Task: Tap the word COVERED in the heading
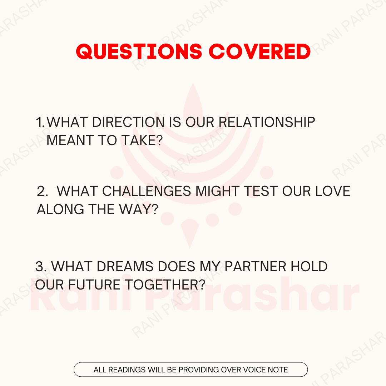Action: (260, 52)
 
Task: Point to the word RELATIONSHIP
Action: (267, 122)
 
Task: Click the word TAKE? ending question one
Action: (142, 140)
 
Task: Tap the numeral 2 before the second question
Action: (42, 191)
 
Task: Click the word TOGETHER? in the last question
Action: (165, 285)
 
